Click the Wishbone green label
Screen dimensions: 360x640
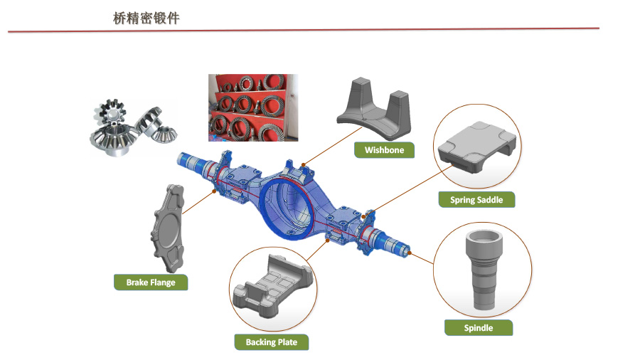tap(384, 150)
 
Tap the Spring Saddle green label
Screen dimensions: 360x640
tap(476, 200)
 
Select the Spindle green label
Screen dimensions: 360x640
tap(478, 328)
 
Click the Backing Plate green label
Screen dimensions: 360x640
tap(272, 342)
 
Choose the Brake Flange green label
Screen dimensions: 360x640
tap(151, 282)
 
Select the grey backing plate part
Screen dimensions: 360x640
tap(272, 291)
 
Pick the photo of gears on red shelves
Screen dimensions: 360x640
tap(252, 107)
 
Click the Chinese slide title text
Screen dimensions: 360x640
tap(146, 18)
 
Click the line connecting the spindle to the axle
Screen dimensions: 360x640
tap(423, 257)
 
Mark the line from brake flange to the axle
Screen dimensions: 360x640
tap(198, 202)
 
